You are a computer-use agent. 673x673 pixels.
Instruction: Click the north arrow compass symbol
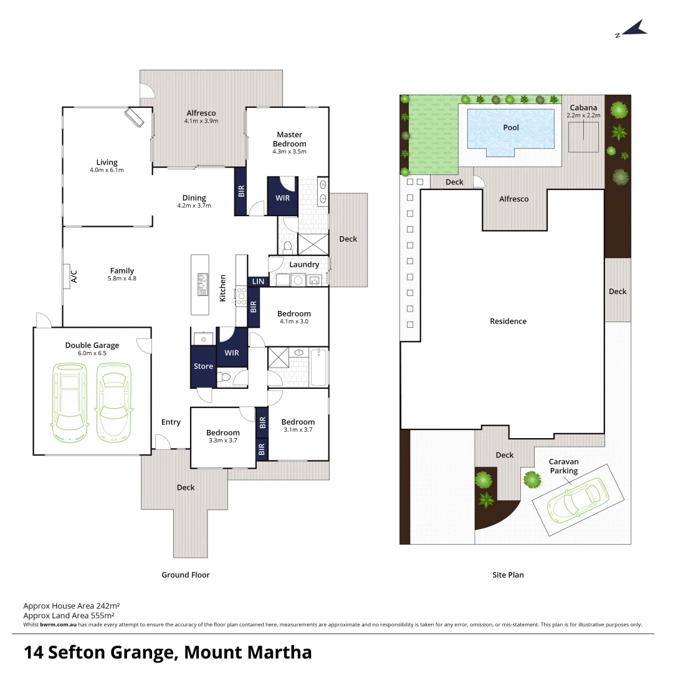tap(633, 29)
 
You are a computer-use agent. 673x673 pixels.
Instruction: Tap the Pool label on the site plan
tap(511, 128)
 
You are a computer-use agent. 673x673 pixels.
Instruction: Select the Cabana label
tap(583, 108)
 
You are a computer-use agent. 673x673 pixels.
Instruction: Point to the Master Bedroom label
tap(289, 139)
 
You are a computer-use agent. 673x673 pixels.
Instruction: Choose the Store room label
tap(203, 366)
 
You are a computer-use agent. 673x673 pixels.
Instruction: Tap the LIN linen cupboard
tap(258, 282)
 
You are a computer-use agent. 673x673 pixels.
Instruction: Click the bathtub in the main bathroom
tap(318, 368)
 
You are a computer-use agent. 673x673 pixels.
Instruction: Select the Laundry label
tap(304, 265)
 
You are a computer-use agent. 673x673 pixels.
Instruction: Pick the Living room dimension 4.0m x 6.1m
tap(107, 170)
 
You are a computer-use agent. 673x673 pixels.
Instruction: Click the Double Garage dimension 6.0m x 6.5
tap(92, 353)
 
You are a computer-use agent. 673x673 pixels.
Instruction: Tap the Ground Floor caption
tap(186, 575)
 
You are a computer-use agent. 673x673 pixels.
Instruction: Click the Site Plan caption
tap(508, 575)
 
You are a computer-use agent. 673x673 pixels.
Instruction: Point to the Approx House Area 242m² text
tap(72, 605)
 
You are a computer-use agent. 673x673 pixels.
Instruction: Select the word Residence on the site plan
tap(508, 322)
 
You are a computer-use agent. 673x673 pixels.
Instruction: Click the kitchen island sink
tap(203, 284)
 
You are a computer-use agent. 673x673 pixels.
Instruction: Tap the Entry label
tap(171, 422)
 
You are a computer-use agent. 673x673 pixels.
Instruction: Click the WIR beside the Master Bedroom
tap(282, 198)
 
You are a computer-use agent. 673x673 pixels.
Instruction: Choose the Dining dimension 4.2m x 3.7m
tap(194, 206)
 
